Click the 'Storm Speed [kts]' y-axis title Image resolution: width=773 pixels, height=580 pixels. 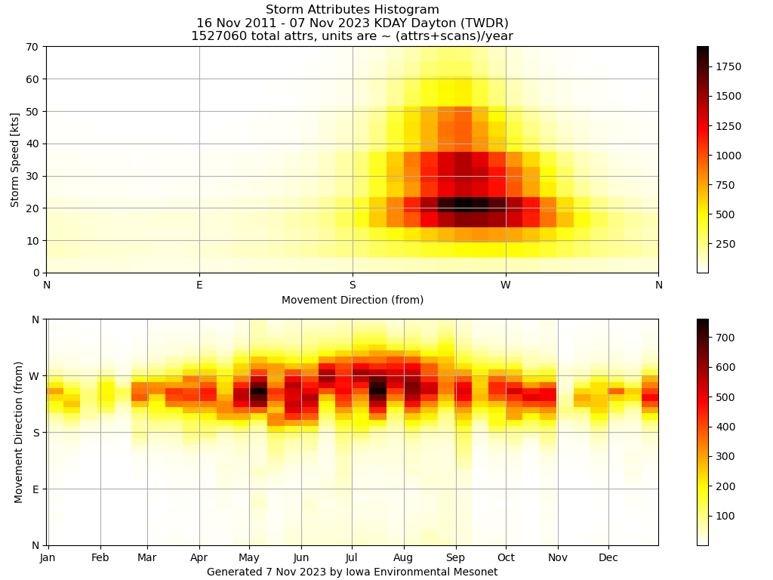tap(15, 159)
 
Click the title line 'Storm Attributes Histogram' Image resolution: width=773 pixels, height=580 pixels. tap(352, 10)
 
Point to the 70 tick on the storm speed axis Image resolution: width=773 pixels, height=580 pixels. tap(33, 47)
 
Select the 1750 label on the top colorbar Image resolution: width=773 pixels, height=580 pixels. tap(728, 66)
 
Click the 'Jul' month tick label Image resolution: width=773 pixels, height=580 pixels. tap(351, 558)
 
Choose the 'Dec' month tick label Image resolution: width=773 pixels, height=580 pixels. tap(608, 558)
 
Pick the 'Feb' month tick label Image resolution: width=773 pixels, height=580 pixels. tap(100, 558)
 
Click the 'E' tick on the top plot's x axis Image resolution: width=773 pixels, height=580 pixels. tap(199, 285)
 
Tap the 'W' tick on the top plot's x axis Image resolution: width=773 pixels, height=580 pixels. tap(506, 285)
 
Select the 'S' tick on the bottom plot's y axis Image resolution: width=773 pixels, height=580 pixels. tap(35, 433)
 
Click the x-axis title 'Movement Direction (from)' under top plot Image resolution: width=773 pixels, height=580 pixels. tap(353, 300)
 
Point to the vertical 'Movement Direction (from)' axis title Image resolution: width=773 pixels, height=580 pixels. tap(19, 432)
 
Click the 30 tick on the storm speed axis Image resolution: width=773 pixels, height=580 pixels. tap(33, 176)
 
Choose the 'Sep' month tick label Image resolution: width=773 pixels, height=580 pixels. tap(455, 558)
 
